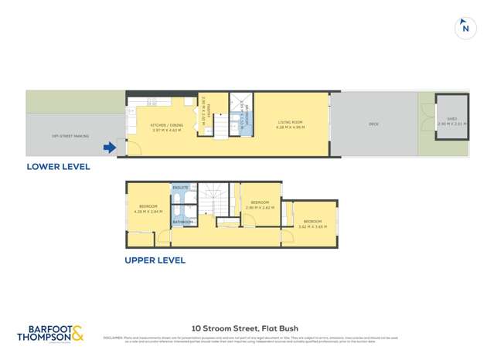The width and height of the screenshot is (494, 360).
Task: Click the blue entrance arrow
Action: pos(110,148)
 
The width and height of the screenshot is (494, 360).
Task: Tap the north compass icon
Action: pos(465,28)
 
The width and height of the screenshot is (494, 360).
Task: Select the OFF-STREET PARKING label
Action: pos(70,136)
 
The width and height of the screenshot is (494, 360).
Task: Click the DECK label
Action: pos(373,124)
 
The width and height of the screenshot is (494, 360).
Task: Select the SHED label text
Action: pos(451,120)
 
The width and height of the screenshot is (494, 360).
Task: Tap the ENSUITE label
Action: pos(181,188)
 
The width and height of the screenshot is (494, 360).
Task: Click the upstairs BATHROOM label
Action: pos(182,222)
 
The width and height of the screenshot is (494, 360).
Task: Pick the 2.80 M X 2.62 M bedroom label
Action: pos(259,206)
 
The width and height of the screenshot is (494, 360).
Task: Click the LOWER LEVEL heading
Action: pos(58,166)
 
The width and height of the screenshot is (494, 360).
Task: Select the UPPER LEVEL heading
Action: pos(155,260)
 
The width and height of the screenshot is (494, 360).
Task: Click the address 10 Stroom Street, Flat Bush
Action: pos(246,327)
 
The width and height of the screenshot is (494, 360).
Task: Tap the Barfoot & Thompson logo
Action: pos(50,333)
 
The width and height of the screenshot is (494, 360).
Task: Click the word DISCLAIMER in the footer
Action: pos(114,337)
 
